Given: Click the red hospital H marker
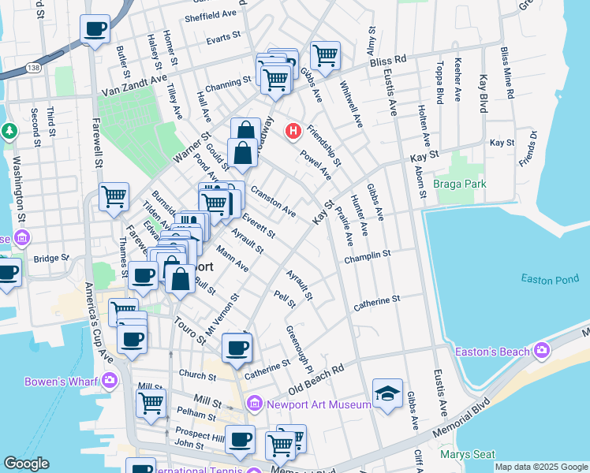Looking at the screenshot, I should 293,130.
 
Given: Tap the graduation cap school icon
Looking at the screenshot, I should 387,393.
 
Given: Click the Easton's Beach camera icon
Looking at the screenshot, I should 542,349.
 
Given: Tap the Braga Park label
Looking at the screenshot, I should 460,184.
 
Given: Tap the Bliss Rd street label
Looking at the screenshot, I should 390,59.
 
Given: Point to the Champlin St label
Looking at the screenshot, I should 368,256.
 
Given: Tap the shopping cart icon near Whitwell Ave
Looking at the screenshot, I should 324,54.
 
